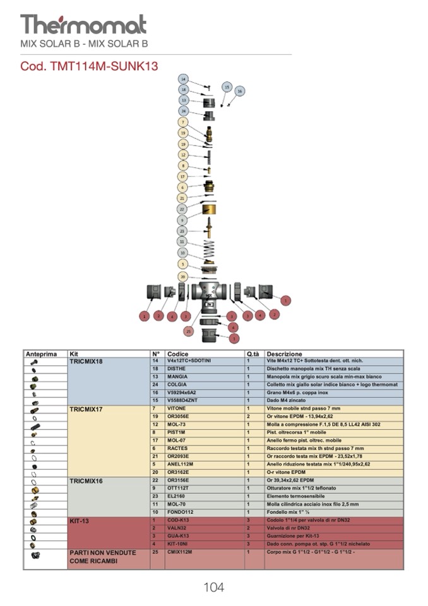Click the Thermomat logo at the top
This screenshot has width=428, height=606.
(x=83, y=24)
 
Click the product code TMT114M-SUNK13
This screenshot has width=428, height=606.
(x=89, y=66)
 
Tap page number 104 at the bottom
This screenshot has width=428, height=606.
(x=213, y=587)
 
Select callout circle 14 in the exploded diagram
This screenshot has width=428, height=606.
(x=183, y=79)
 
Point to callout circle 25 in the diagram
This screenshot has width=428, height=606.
(x=188, y=330)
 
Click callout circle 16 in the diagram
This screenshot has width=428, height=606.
(x=239, y=92)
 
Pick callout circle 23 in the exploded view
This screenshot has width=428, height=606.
(x=182, y=231)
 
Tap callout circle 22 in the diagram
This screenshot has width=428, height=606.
(x=182, y=209)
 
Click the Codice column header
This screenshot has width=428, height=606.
(x=178, y=354)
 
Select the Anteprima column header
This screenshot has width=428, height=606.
(x=42, y=354)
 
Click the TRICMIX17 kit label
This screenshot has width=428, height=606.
(x=86, y=409)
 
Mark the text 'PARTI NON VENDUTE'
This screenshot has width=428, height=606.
(x=102, y=552)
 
